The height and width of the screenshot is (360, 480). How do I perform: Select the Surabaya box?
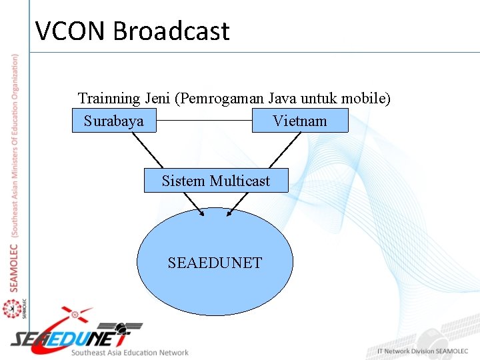click(x=114, y=121)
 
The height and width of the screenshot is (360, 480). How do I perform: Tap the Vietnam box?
click(x=300, y=121)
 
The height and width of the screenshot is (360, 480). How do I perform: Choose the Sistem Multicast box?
click(x=216, y=181)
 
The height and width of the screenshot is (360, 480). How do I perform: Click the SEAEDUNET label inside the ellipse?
click(x=215, y=263)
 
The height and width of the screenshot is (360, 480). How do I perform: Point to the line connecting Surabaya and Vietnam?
click(x=204, y=121)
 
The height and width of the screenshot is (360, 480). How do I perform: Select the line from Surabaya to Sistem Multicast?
click(x=147, y=151)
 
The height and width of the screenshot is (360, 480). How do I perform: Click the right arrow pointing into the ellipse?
click(x=238, y=204)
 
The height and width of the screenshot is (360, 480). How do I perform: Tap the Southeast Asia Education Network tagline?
click(x=130, y=353)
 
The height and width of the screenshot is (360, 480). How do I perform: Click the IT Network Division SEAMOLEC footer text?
click(x=423, y=351)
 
